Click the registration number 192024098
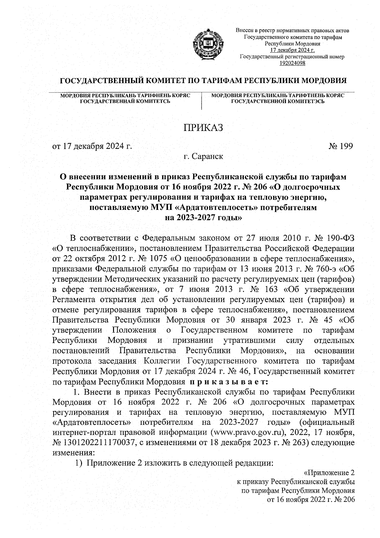point(292,63)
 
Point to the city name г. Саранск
point(203,156)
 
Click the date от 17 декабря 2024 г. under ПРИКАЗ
point(92,146)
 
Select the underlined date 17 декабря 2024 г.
point(292,50)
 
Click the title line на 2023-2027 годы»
point(203,218)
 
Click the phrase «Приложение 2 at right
point(328,473)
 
